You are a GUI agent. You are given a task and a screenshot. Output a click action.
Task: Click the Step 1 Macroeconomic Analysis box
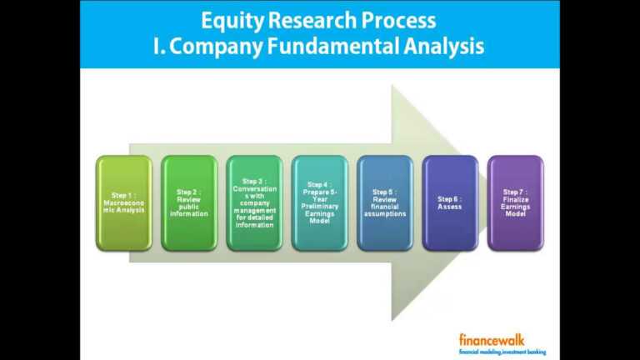(x=123, y=202)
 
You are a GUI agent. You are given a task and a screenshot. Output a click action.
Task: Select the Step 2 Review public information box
(x=188, y=202)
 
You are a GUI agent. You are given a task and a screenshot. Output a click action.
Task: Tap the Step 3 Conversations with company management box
(x=254, y=202)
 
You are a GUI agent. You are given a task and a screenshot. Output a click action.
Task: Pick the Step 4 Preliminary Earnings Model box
(x=319, y=202)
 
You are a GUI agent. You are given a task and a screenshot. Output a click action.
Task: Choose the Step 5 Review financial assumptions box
(x=384, y=202)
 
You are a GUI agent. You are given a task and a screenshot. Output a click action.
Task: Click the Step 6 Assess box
(x=450, y=202)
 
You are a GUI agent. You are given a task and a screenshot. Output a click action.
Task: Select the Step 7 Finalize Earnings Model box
(x=515, y=202)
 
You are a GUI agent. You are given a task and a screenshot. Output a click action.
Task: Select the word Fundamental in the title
(x=337, y=47)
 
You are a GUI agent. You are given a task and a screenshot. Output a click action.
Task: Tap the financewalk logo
(x=492, y=339)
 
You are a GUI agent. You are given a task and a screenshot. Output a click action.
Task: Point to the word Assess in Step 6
(x=450, y=207)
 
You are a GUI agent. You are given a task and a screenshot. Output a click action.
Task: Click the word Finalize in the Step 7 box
(x=515, y=200)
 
